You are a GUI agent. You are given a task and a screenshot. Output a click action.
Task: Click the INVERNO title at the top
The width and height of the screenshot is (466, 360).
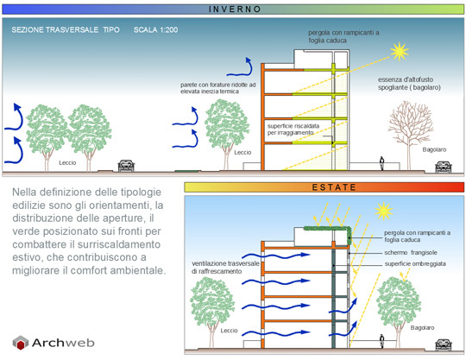pos(235,9)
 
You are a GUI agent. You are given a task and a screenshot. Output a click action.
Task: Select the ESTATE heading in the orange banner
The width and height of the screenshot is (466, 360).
pos(334,187)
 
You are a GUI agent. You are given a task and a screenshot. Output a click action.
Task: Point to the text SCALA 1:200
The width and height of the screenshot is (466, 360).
pos(155,29)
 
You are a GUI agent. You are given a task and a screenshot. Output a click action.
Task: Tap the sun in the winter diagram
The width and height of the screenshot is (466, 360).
pos(400,52)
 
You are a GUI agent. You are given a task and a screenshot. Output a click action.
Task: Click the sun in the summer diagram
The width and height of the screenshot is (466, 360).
pos(384,211)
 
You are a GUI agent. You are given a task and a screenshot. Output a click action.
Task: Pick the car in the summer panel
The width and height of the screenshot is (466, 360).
pos(443,344)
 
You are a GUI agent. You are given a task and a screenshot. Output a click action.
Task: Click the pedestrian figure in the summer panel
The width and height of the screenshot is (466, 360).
pos(382,341)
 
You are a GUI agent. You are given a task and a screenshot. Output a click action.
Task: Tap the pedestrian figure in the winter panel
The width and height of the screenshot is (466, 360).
pos(382,163)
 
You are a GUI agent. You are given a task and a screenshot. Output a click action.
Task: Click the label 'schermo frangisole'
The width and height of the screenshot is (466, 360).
pos(411,253)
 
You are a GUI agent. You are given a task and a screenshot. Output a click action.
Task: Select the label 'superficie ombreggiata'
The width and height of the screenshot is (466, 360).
pos(415,263)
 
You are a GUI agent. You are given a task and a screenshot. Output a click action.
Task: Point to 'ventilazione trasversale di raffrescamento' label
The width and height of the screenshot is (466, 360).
pos(225,268)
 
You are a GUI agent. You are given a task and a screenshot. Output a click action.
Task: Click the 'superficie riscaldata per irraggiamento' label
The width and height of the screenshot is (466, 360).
pos(293,129)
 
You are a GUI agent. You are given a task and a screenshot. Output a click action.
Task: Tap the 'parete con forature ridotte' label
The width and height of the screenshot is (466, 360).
pos(217,88)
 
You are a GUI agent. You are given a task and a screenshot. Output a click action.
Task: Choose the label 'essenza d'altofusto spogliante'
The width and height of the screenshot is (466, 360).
pos(409,84)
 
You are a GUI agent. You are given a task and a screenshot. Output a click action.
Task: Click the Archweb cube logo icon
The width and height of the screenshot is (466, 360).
pos(20,343)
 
